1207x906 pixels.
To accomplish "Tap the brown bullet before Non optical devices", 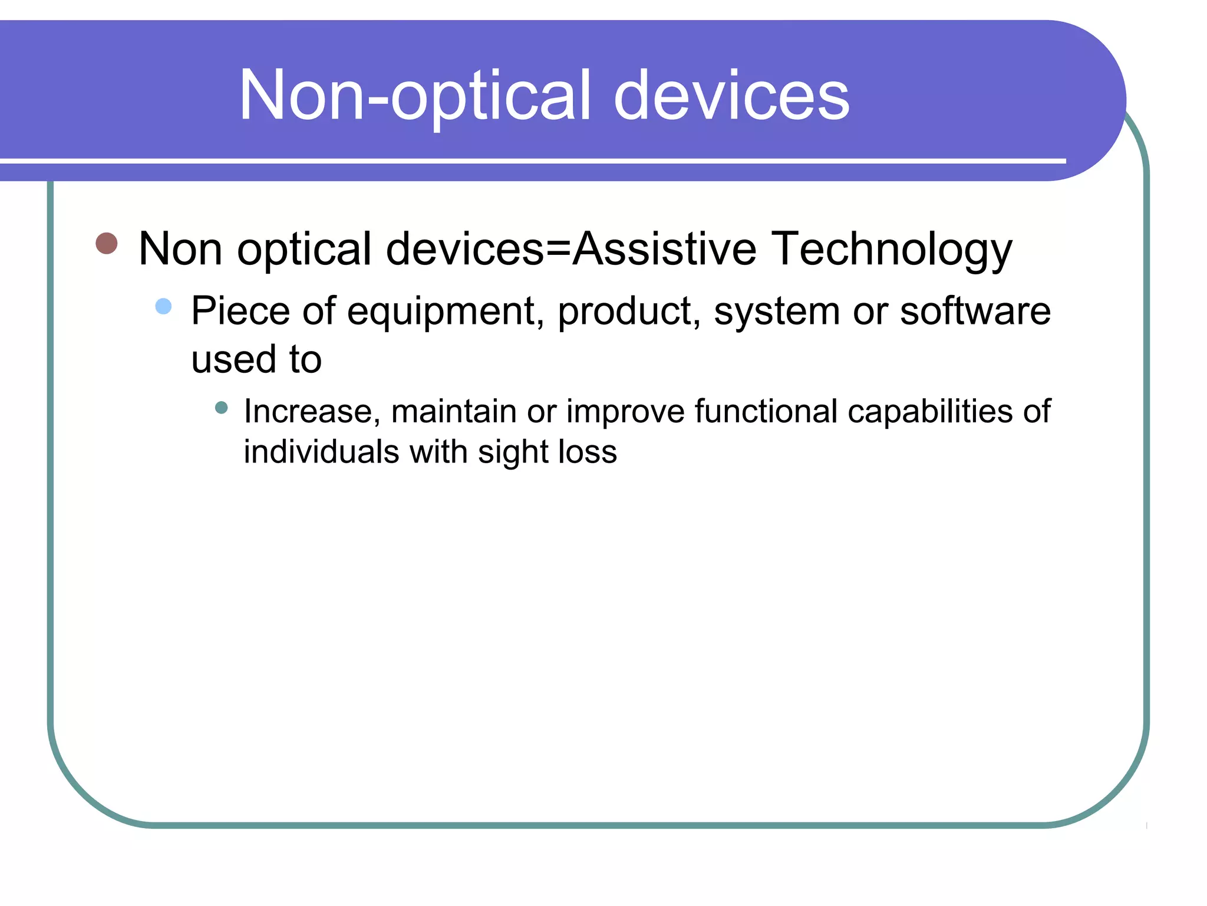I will pyautogui.click(x=107, y=243).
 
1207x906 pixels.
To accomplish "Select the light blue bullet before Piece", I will pyautogui.click(x=163, y=306).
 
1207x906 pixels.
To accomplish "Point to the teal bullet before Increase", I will pyautogui.click(x=221, y=408).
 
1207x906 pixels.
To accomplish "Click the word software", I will pyautogui.click(x=975, y=311).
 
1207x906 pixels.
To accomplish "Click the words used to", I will pyautogui.click(x=256, y=359).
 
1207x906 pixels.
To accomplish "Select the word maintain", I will pyautogui.click(x=454, y=412).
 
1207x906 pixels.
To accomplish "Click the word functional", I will pyautogui.click(x=766, y=411).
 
